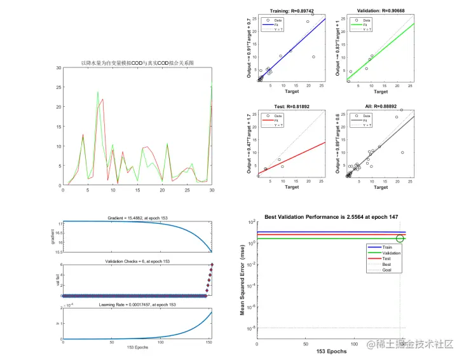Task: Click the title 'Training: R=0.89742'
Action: [x=292, y=11]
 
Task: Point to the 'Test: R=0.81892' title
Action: [x=292, y=107]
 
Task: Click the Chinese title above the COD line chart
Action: [x=137, y=63]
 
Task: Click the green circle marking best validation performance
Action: [x=400, y=239]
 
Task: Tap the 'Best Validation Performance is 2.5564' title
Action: [x=331, y=218]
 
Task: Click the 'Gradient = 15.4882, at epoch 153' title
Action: [x=137, y=217]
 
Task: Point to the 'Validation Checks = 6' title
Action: [x=137, y=261]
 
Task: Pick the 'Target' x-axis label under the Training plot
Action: [x=292, y=91]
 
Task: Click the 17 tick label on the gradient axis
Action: [x=58, y=224]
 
